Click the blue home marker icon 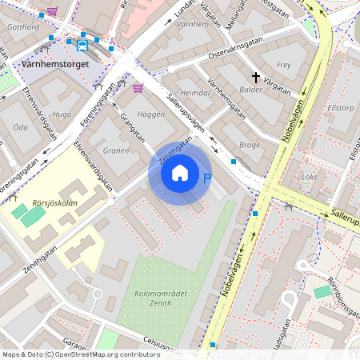(x=180, y=173)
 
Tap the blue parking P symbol (x=207, y=179)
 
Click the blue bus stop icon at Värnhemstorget (x=82, y=45)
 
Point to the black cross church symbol (x=257, y=78)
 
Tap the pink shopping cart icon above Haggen (x=138, y=88)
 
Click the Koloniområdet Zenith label (x=150, y=299)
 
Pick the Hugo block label (x=61, y=114)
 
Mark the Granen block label (x=116, y=150)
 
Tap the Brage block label (x=250, y=145)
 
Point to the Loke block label (x=310, y=177)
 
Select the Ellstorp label (x=340, y=106)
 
